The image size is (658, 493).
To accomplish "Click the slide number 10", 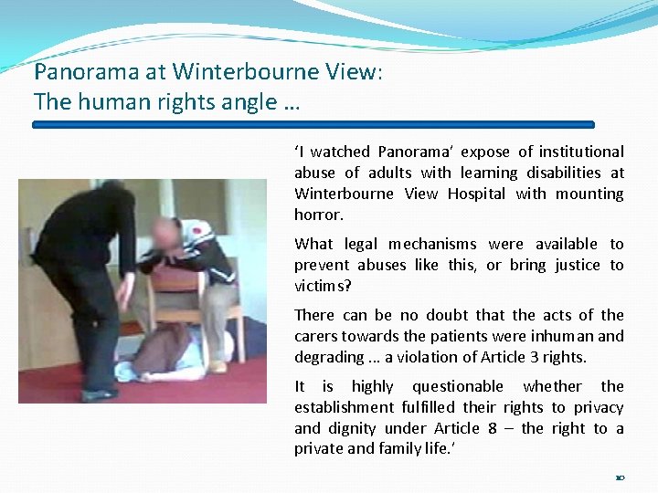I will [x=620, y=477].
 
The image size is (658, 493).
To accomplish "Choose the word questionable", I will [x=457, y=386].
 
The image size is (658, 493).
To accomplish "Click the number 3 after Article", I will [x=529, y=357].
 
